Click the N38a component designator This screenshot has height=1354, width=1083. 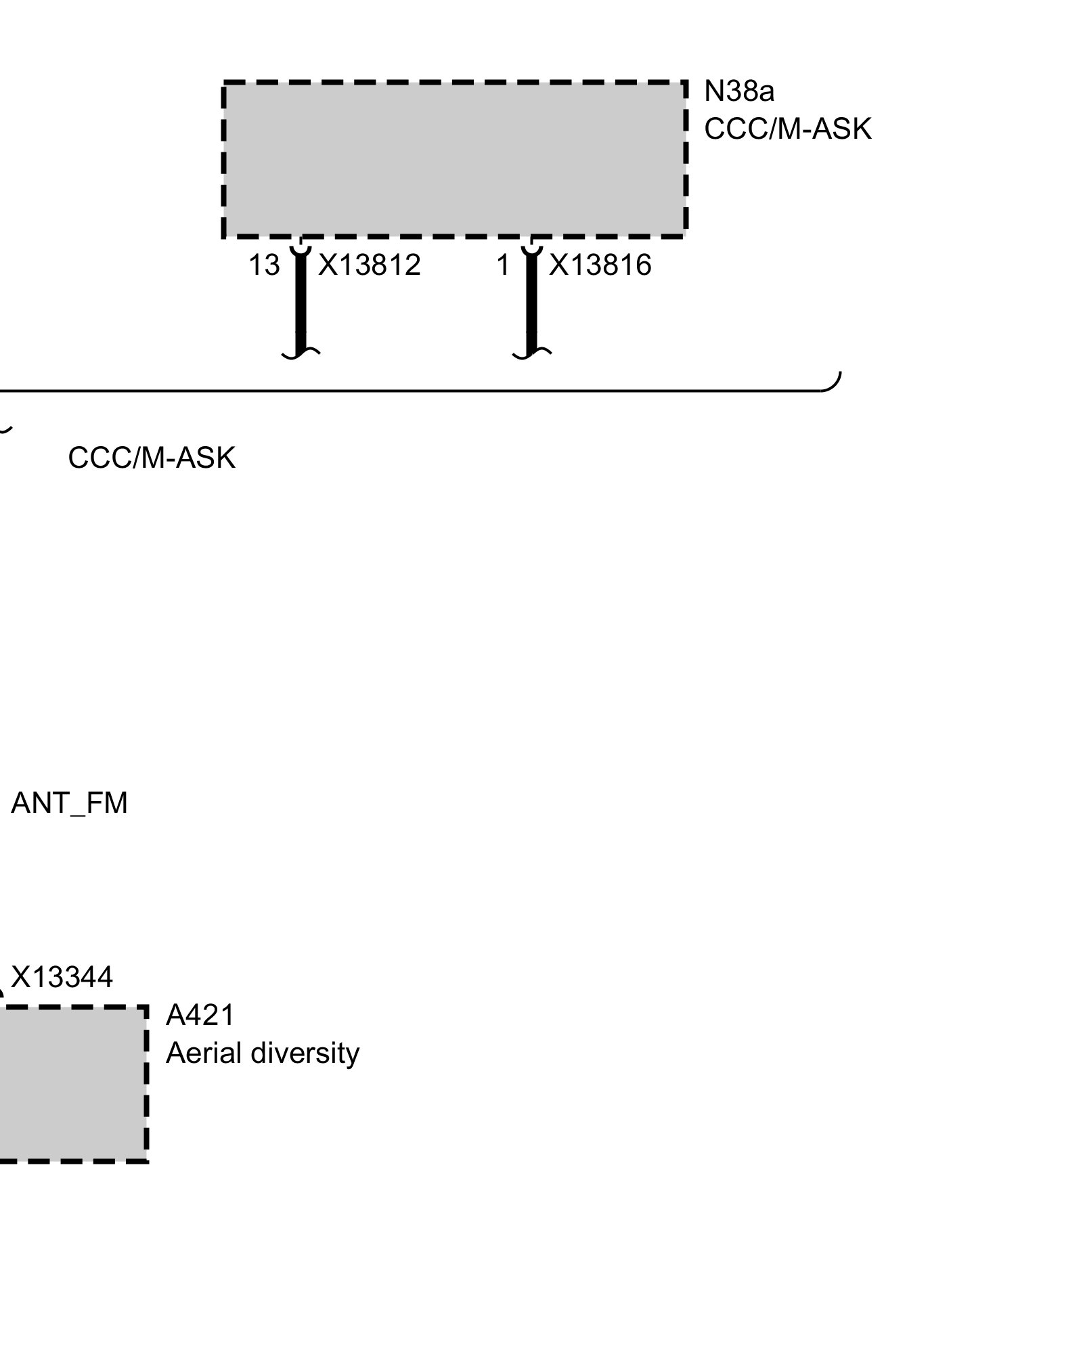pyautogui.click(x=738, y=91)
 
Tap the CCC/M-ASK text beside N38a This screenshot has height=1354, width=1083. pyautogui.click(x=787, y=129)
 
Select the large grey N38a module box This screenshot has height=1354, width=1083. pyautogui.click(x=454, y=159)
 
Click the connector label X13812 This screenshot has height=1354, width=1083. pyautogui.click(x=369, y=265)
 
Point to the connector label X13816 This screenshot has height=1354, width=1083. pyautogui.click(x=600, y=265)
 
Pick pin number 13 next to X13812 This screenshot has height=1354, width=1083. pyautogui.click(x=263, y=265)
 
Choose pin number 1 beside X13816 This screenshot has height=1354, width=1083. pyautogui.click(x=502, y=265)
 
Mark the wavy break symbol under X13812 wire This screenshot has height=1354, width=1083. pyautogui.click(x=301, y=353)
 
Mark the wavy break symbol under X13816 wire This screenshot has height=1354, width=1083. pyautogui.click(x=532, y=353)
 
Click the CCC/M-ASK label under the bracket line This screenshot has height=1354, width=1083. pyautogui.click(x=152, y=458)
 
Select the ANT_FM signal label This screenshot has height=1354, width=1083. pyautogui.click(x=69, y=804)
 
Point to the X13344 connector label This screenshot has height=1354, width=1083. pyautogui.click(x=62, y=977)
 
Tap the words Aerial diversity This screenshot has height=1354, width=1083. pyautogui.click(x=262, y=1053)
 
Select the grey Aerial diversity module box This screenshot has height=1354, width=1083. pyautogui.click(x=71, y=1084)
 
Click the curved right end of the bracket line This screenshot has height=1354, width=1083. pyautogui.click(x=834, y=383)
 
